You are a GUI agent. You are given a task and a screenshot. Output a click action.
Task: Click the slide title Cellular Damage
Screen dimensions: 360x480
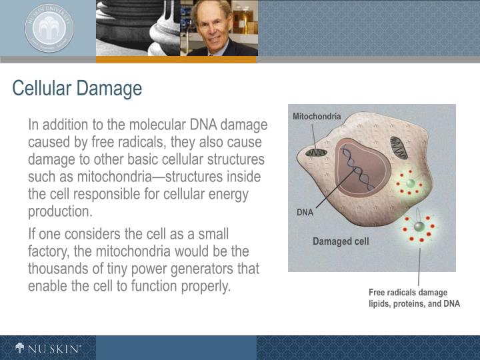pyautogui.click(x=77, y=89)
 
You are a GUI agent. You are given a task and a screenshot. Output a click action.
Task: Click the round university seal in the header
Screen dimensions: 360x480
pyautogui.click(x=49, y=28)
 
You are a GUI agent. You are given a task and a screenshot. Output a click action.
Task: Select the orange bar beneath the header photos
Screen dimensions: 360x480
pyautogui.click(x=176, y=59)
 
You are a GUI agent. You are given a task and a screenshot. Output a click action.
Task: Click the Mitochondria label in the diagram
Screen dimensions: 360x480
pyautogui.click(x=317, y=117)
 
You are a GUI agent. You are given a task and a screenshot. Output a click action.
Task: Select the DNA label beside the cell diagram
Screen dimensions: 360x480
pyautogui.click(x=305, y=213)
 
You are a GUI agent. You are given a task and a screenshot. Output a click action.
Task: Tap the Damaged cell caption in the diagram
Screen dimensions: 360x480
pyautogui.click(x=341, y=241)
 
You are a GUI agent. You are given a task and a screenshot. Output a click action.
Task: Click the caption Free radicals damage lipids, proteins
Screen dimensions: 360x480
pyautogui.click(x=414, y=298)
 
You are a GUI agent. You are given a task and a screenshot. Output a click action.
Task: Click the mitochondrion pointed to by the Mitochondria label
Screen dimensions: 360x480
pyautogui.click(x=317, y=153)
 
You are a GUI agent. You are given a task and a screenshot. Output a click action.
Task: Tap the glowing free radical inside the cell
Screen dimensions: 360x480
pyautogui.click(x=410, y=183)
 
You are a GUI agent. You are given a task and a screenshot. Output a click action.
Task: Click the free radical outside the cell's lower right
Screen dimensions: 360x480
pyautogui.click(x=419, y=227)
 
